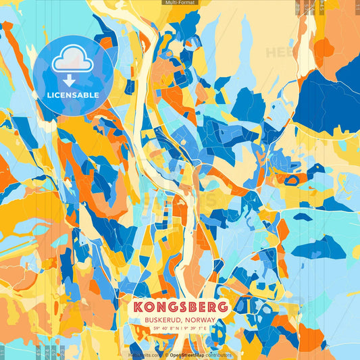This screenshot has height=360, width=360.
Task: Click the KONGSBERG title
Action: point(180,307)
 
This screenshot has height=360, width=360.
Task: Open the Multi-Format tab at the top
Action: point(179,3)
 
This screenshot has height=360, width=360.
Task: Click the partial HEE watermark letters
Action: point(277,52)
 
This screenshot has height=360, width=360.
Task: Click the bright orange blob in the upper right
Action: point(324,48)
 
